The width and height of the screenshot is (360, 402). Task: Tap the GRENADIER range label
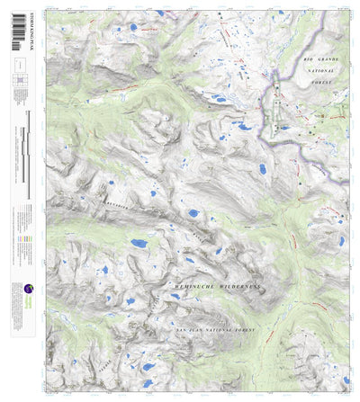pos(112,206)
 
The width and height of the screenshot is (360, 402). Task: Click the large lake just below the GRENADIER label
pos(139,243)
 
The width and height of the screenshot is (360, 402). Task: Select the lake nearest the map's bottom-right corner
pos(335,371)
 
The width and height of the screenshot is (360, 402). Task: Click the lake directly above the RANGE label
pos(193,214)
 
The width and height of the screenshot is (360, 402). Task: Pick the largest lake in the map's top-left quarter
pos(132,28)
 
